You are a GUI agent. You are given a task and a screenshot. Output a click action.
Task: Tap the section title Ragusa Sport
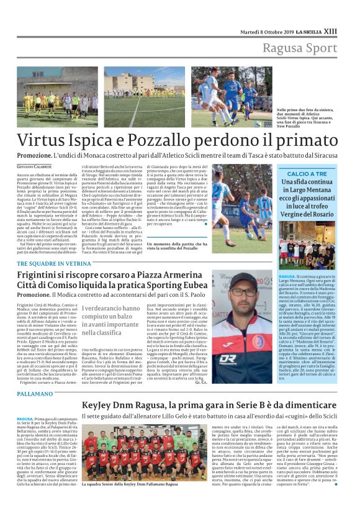click(299, 48)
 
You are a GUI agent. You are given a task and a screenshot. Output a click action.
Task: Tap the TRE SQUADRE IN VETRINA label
click(54, 263)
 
